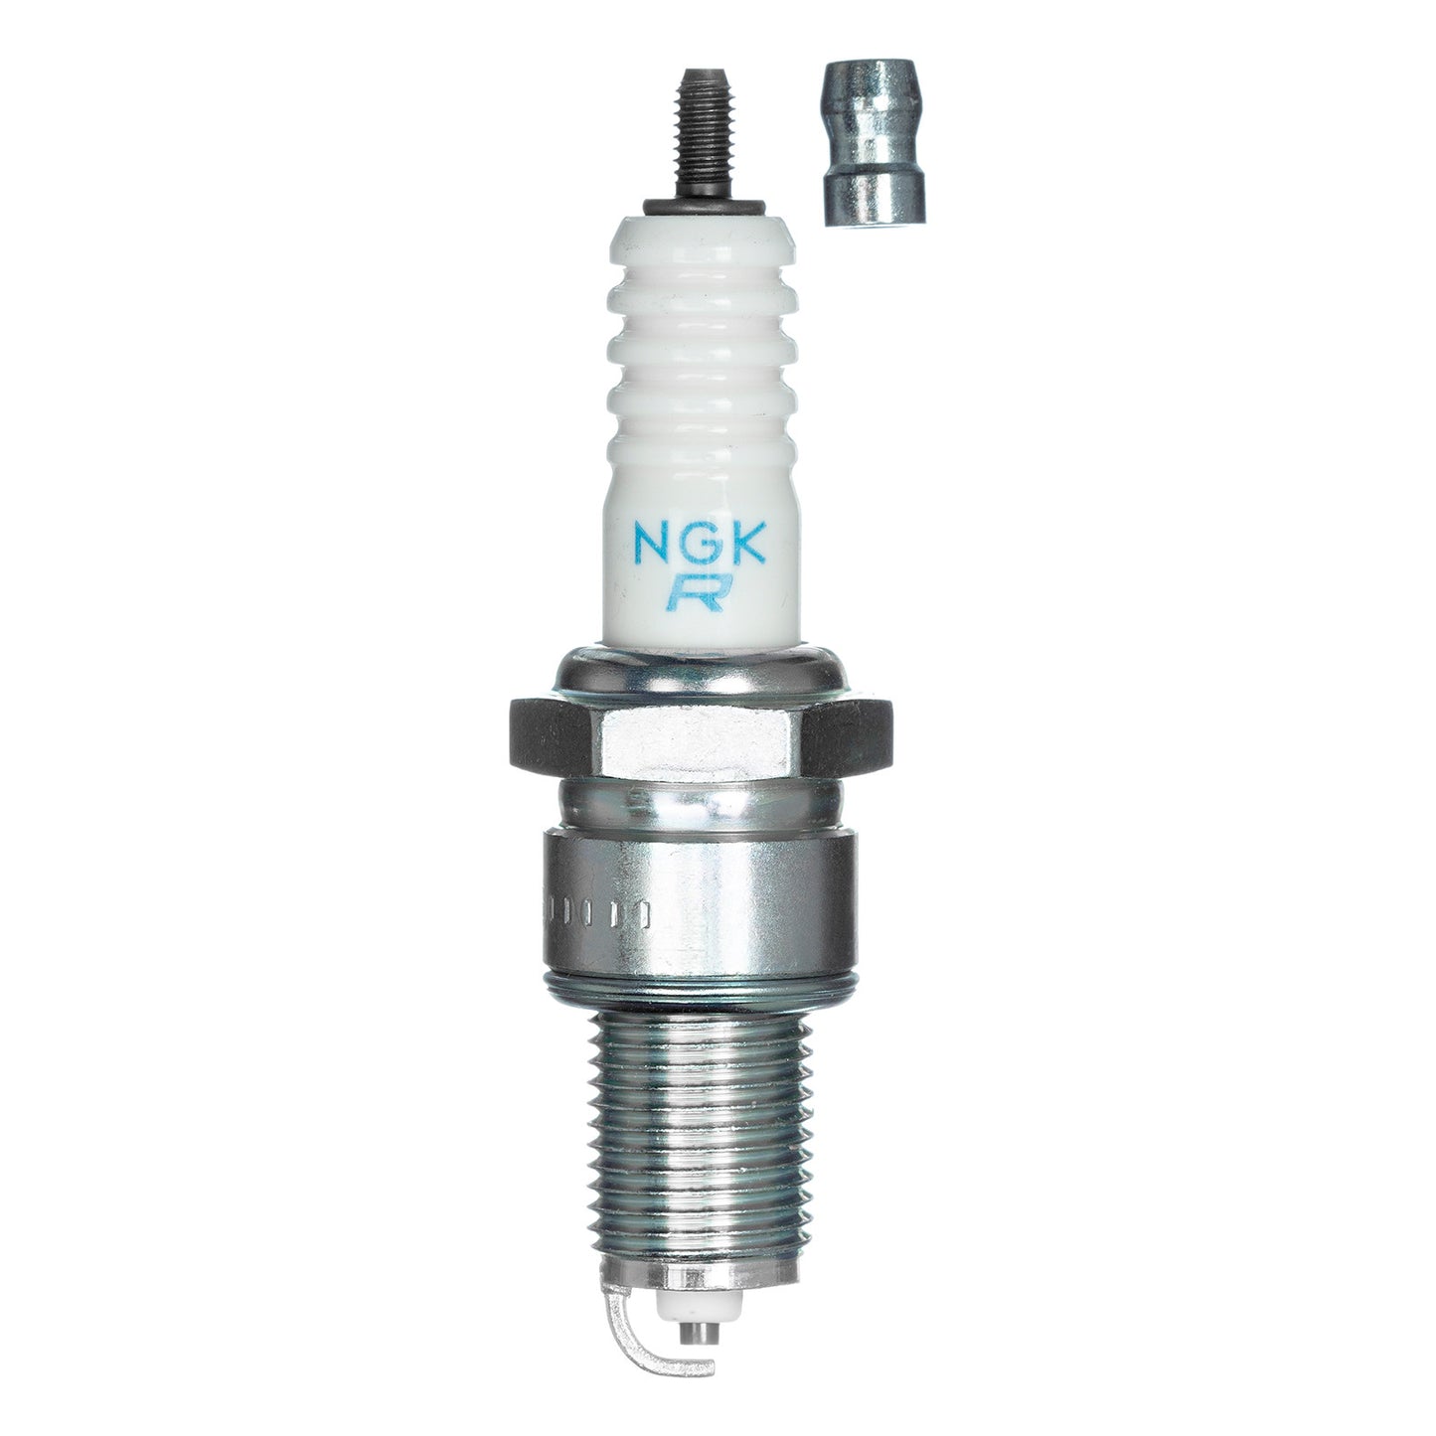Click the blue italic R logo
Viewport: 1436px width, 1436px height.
click(697, 592)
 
